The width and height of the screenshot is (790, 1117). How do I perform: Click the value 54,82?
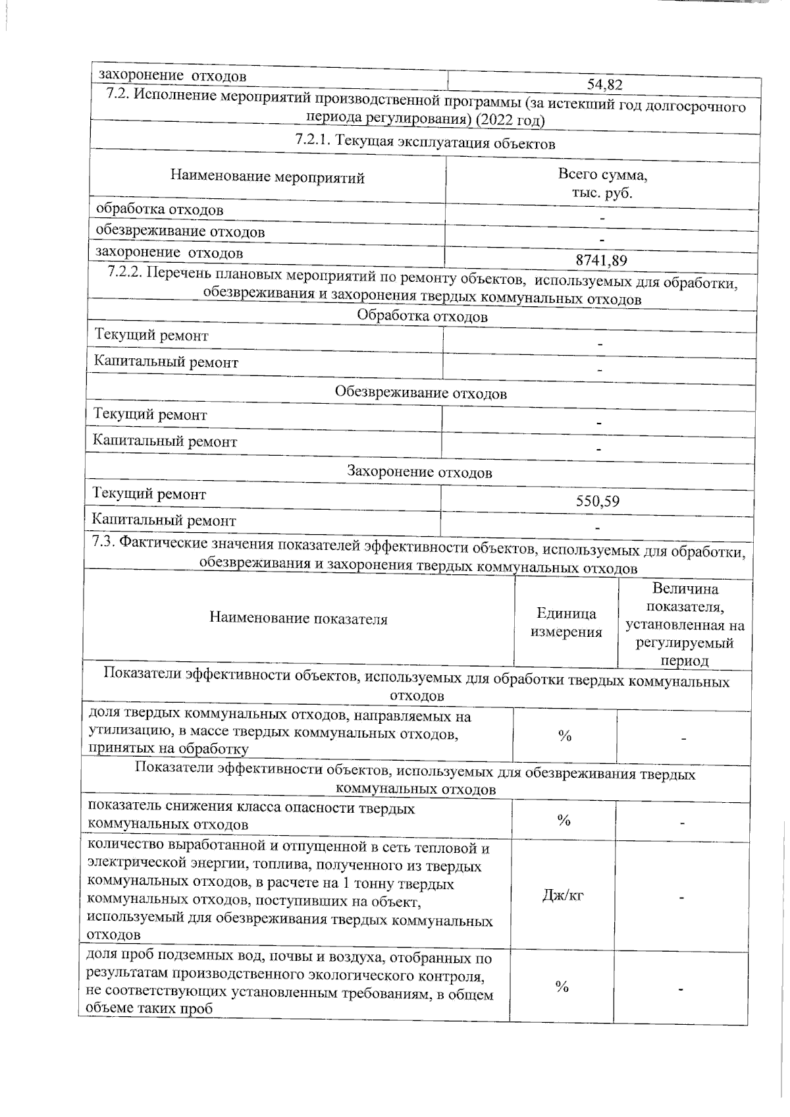(604, 84)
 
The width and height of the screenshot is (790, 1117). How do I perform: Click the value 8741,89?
(601, 260)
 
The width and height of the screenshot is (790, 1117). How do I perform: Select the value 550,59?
(597, 501)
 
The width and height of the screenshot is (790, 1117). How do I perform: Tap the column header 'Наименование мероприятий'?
(267, 177)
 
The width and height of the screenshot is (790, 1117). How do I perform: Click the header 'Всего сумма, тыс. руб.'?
(602, 184)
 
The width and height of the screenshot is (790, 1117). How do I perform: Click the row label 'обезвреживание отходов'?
(180, 232)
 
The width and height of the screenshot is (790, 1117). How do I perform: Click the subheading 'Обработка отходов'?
(422, 317)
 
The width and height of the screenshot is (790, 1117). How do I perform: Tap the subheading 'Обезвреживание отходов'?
(421, 394)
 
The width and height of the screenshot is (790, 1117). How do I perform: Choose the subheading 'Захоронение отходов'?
(419, 472)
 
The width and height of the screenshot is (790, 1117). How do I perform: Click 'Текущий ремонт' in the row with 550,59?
(149, 494)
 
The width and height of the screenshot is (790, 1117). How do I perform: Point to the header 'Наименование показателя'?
(298, 618)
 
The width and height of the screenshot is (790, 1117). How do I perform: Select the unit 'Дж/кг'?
(563, 896)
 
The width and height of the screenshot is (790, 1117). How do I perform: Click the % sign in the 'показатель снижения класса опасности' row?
(564, 820)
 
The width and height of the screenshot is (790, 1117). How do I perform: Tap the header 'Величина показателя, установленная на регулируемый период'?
(685, 624)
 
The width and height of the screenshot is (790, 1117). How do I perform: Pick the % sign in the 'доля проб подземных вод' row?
(562, 986)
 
